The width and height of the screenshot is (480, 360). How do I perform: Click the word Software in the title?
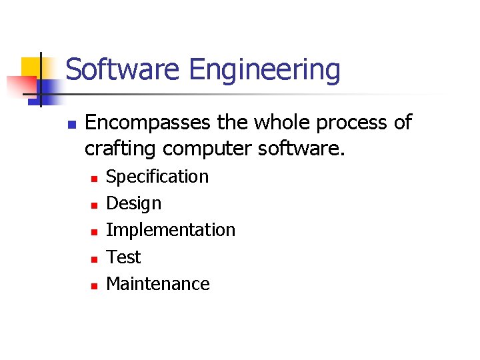coord(124,69)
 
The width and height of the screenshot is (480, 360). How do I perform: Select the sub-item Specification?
coord(157,177)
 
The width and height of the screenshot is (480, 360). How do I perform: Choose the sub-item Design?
coord(133,204)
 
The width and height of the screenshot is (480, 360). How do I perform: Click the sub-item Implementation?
coord(171,230)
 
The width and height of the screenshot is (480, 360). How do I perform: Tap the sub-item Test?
coord(123,257)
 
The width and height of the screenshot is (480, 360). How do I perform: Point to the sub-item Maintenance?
coord(158,283)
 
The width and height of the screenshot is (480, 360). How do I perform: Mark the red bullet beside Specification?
coord(94,179)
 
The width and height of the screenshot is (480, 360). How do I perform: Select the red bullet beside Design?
coord(94,205)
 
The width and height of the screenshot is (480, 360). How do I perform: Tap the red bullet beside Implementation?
coord(94,232)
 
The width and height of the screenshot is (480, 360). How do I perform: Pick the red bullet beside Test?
coord(94,259)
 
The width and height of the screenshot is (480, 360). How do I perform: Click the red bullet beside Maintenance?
coord(94,285)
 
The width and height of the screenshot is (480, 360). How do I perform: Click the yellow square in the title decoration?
coord(31,67)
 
